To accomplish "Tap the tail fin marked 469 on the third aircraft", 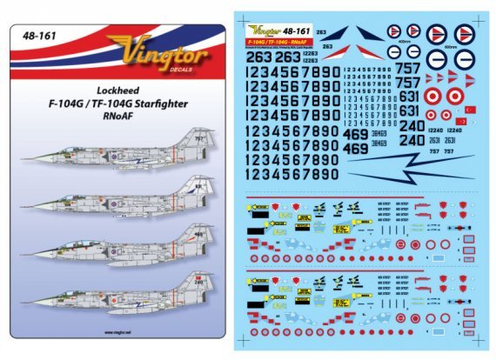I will point(198,237).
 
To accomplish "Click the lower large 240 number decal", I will point(412,138).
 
